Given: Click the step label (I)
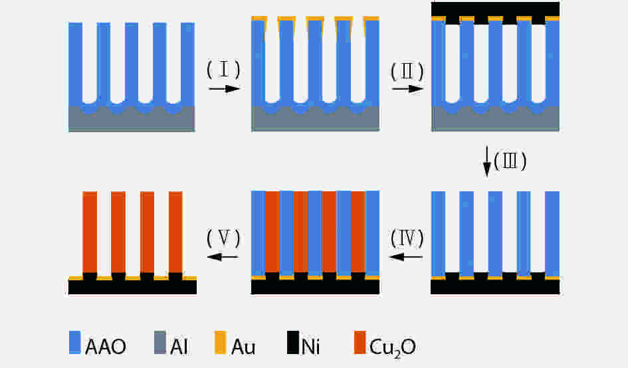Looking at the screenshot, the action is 223,70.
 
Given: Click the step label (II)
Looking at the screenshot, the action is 407,72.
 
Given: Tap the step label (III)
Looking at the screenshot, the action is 510,161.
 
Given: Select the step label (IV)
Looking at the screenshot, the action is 407,238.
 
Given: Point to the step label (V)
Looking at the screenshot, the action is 223,238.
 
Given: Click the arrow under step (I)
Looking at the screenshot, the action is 224,88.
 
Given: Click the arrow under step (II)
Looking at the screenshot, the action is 408,89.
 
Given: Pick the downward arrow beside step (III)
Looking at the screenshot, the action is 487,161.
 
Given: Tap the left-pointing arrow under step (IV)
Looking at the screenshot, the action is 406,256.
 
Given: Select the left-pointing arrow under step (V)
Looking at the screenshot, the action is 223,256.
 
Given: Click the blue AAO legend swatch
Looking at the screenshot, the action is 75,342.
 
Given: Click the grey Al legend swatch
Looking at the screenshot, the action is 160,342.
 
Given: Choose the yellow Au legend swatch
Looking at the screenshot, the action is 220,342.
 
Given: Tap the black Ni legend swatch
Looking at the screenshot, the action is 293,342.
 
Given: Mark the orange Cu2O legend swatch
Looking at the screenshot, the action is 360,342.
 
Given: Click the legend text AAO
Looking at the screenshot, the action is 106,347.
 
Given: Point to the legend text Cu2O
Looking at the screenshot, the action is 393,348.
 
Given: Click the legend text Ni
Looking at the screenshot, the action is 310,347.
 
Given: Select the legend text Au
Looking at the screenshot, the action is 243,347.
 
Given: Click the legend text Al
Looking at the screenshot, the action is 179,347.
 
